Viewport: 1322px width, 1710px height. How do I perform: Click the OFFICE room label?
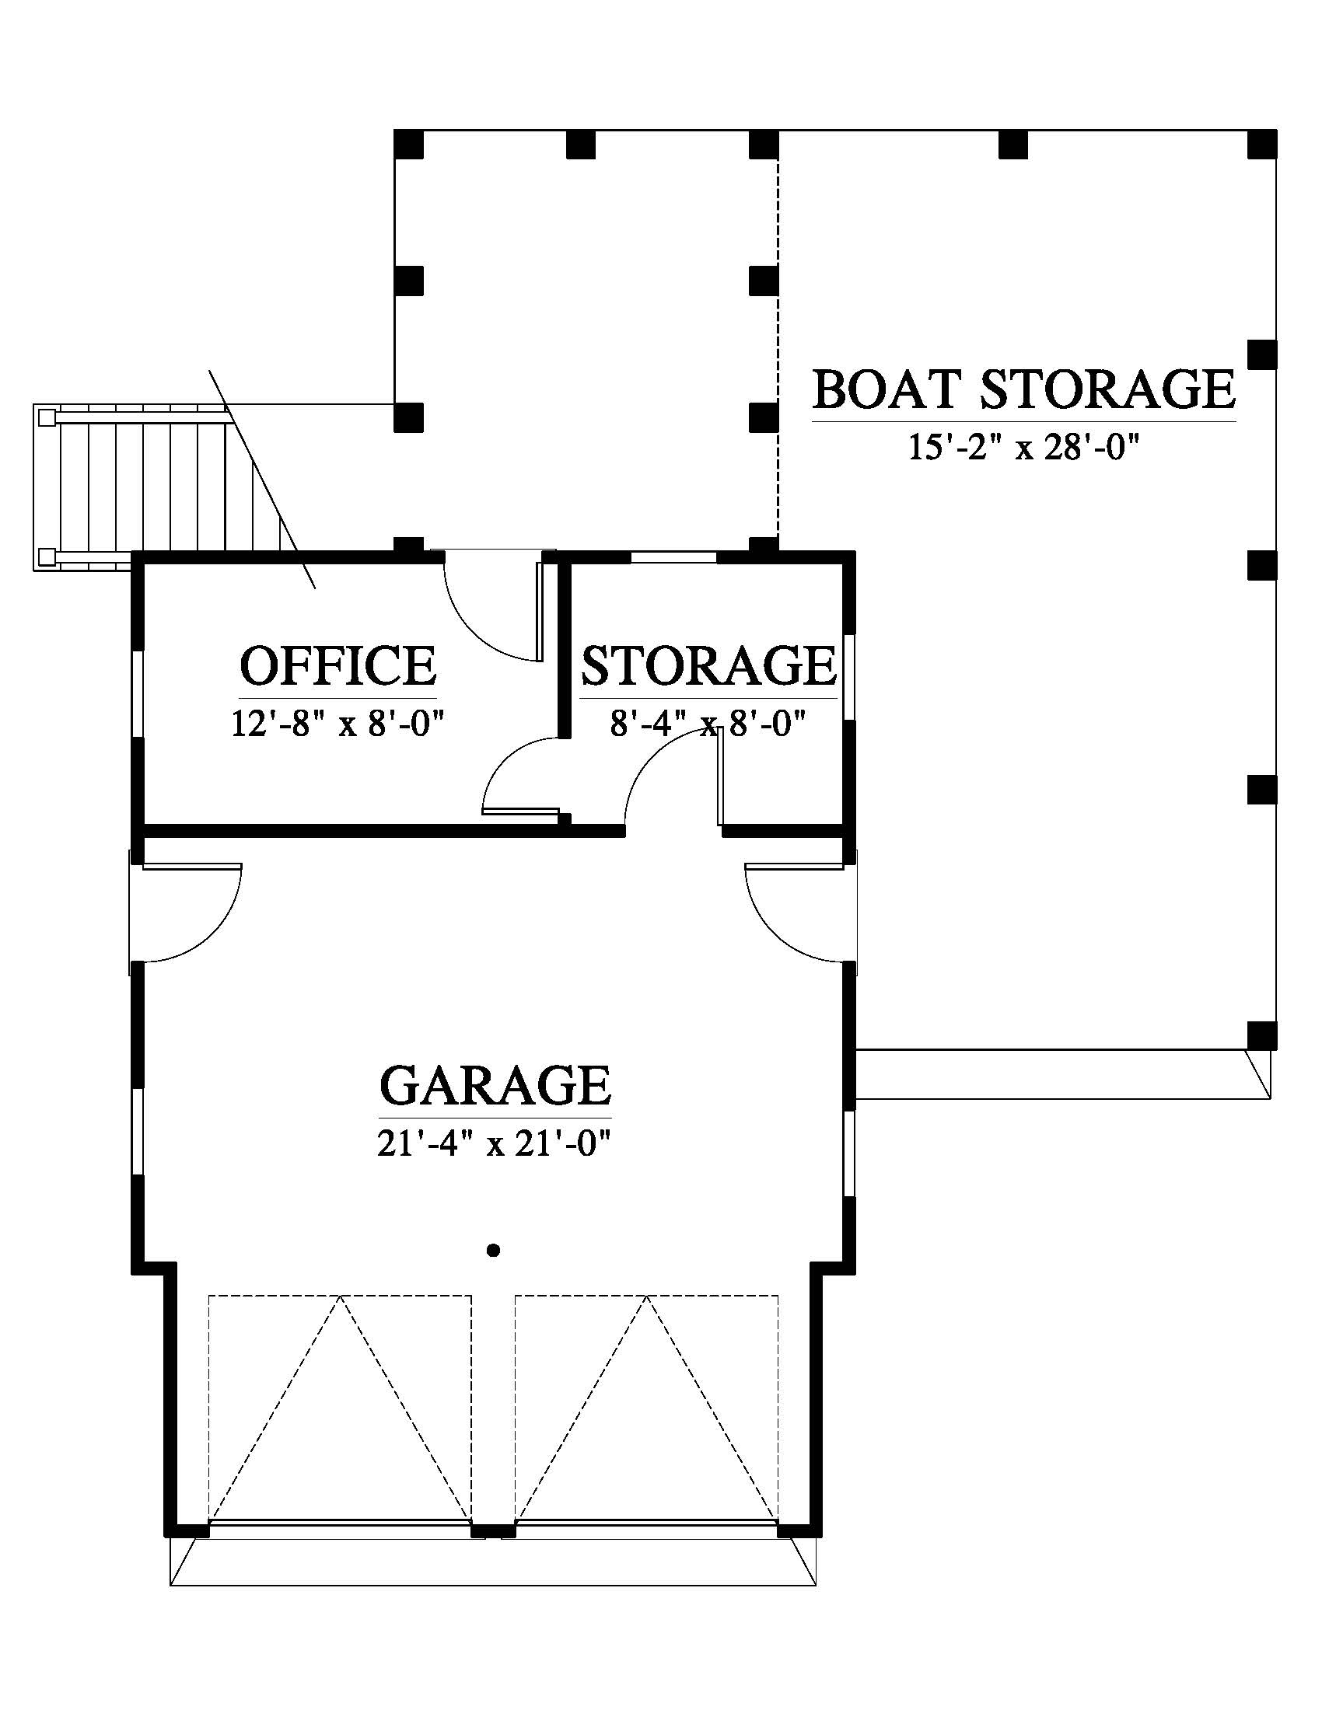pos(337,666)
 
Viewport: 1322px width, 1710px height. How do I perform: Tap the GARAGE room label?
pos(495,1085)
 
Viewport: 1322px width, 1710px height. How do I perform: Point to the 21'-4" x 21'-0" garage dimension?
pos(493,1146)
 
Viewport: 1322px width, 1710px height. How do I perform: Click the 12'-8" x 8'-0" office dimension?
pos(337,724)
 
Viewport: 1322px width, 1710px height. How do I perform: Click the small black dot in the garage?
pos(493,1251)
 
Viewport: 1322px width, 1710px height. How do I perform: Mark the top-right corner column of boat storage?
pos(1261,145)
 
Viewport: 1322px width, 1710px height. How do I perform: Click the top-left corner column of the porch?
pos(408,145)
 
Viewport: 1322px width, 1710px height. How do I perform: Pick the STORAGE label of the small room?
pos(708,666)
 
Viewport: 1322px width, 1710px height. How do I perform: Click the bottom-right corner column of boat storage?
pos(1261,1035)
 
